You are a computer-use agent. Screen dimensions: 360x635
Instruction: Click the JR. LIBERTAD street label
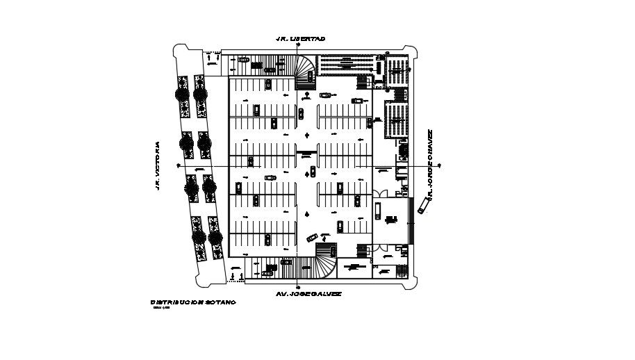[x=300, y=39]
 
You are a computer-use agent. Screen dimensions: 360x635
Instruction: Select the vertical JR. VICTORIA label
[x=158, y=166]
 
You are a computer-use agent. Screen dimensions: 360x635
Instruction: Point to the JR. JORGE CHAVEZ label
[x=431, y=165]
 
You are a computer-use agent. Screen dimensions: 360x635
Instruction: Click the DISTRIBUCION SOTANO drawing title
[x=192, y=302]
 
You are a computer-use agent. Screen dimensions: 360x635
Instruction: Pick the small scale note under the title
[x=160, y=309]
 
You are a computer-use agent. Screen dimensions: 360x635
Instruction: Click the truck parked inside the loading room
[x=390, y=220]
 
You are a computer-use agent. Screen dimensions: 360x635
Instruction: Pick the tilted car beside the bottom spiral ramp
[x=312, y=237]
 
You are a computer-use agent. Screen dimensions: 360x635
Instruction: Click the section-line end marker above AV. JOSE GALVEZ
[x=297, y=286]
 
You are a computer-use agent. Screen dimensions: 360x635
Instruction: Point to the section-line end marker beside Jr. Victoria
[x=179, y=166]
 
